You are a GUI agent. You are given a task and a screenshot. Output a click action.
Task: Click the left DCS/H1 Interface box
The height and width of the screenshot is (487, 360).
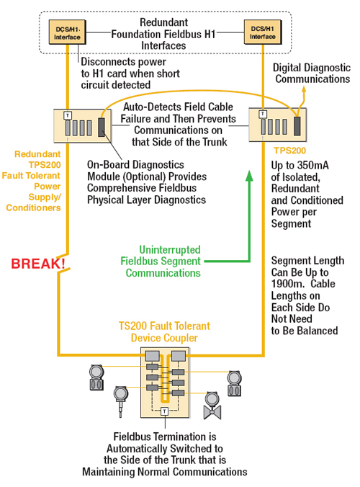tap(68, 32)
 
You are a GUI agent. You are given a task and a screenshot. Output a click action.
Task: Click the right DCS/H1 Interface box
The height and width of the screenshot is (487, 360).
tap(263, 32)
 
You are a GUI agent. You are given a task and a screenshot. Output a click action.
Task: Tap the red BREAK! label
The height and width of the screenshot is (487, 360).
tap(38, 264)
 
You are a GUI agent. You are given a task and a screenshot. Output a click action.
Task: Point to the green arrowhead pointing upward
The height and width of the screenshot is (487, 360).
tap(249, 176)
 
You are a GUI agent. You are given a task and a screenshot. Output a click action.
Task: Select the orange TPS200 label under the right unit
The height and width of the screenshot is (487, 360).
tap(290, 151)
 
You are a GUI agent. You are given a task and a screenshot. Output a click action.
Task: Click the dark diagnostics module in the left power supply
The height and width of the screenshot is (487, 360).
tap(102, 127)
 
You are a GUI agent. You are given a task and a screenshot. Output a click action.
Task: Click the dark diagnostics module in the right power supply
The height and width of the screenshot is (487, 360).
tap(297, 126)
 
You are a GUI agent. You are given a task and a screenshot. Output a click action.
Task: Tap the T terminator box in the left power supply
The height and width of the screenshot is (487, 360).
tap(68, 115)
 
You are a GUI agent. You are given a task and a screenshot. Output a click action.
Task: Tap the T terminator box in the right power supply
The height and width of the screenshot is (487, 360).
tap(263, 114)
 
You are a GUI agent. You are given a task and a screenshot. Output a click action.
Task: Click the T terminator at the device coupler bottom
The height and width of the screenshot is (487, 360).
tap(164, 411)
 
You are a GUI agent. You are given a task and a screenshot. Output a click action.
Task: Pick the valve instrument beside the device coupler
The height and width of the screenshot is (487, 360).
tap(212, 406)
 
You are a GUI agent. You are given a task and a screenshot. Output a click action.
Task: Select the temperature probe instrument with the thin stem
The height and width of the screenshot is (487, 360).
tap(120, 401)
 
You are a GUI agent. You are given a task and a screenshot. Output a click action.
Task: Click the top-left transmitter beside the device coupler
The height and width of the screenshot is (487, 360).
tap(96, 377)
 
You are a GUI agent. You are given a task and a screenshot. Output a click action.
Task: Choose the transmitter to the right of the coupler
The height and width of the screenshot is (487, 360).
tap(234, 383)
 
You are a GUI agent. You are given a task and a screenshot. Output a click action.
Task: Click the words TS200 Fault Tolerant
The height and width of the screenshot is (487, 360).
tap(164, 326)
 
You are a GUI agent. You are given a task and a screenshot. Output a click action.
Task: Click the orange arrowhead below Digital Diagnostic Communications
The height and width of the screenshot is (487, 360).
tap(304, 90)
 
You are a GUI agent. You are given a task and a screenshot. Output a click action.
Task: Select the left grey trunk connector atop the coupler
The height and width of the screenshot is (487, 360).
tap(153, 356)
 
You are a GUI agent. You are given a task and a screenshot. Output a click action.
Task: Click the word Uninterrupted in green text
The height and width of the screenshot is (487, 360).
tap(170, 250)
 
